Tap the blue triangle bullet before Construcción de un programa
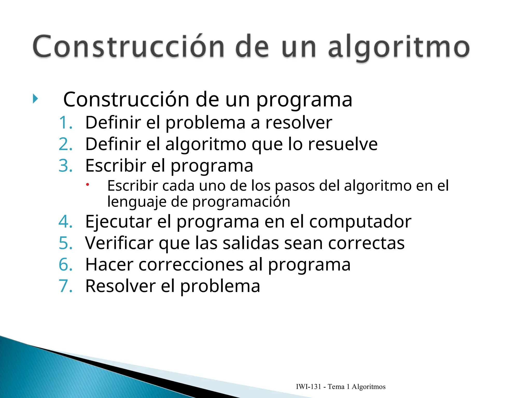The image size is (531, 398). click(36, 99)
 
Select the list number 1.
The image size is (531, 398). click(65, 123)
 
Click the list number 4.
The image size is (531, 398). click(65, 222)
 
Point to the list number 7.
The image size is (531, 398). click(65, 286)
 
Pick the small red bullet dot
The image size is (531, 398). click(88, 184)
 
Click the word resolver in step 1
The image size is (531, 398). click(298, 123)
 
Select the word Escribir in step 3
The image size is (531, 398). click(116, 166)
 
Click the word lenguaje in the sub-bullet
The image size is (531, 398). click(137, 202)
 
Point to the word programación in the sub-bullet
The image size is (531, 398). click(241, 202)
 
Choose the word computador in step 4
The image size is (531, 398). click(360, 222)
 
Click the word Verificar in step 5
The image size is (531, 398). click(119, 243)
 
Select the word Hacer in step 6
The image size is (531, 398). click(109, 265)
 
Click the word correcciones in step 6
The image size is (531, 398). click(191, 265)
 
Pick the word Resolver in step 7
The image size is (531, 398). click(121, 286)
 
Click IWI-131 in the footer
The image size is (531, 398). click(308, 387)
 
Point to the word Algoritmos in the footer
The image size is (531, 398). click(368, 387)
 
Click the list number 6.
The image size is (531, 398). click(65, 265)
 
